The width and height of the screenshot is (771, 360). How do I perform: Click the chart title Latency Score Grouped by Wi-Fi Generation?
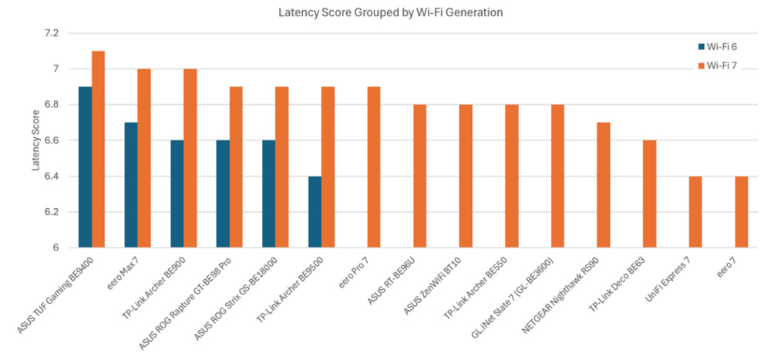(385, 12)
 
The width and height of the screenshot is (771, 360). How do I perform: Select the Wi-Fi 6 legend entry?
(715, 45)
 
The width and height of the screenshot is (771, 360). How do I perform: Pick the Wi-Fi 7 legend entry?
(715, 66)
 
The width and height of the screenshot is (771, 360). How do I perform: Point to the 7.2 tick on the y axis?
(57, 33)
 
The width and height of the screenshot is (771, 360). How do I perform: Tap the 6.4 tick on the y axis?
(57, 177)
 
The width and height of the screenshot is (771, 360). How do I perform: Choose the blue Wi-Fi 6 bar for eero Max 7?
(131, 185)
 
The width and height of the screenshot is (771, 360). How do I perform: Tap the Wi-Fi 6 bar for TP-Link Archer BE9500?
(315, 212)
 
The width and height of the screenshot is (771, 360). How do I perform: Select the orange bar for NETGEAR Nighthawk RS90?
(604, 185)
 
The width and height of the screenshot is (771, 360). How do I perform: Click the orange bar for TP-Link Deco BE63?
(650, 194)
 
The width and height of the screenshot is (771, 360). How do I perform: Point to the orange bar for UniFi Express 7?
(695, 212)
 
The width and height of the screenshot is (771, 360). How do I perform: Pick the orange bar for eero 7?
(742, 212)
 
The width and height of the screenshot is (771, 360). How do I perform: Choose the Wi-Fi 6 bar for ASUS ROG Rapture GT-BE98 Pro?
(223, 194)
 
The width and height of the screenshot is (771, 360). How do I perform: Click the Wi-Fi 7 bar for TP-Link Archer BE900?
(190, 158)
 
